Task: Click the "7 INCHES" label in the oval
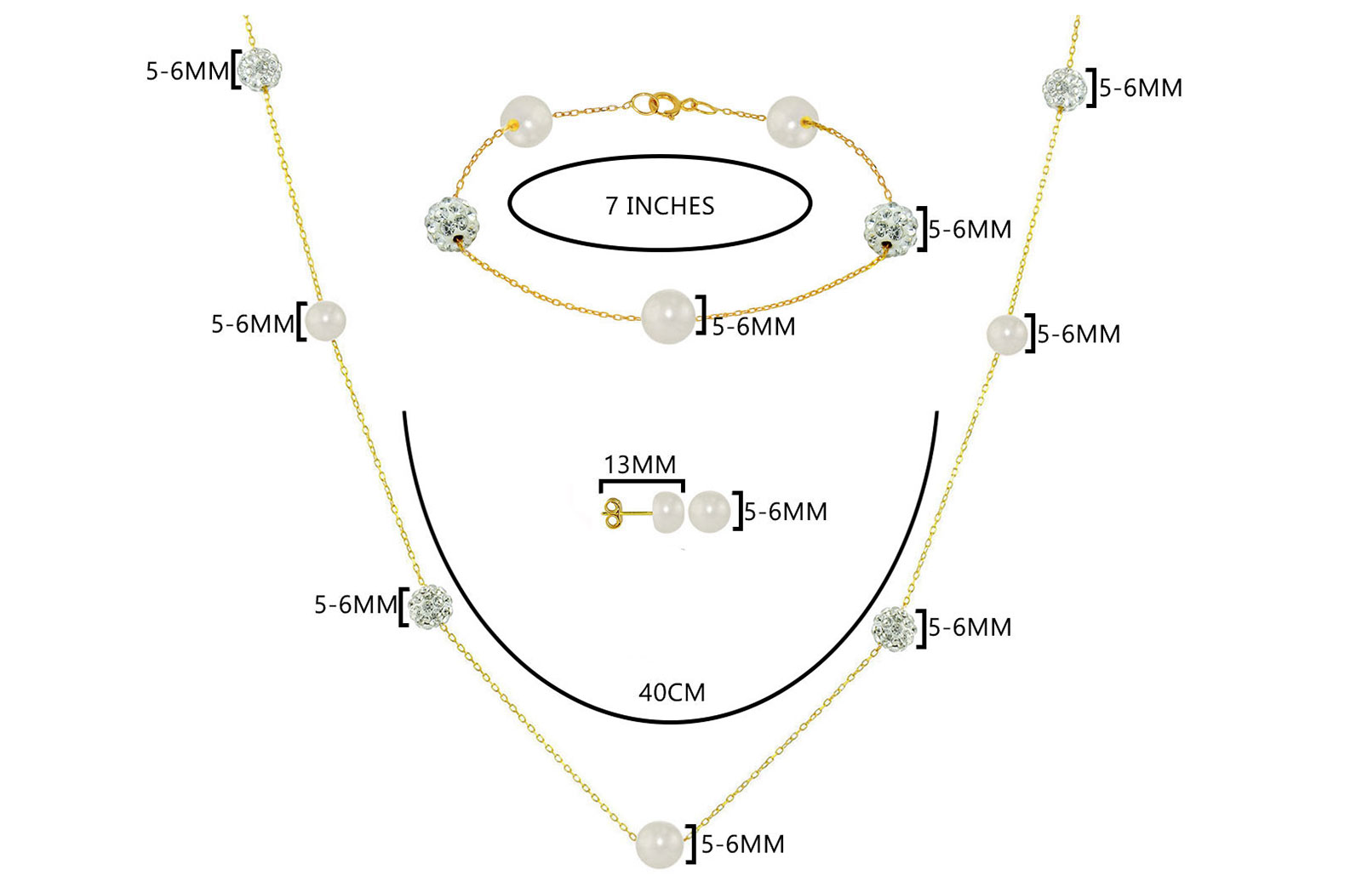(x=660, y=206)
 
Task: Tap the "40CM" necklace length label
(x=672, y=692)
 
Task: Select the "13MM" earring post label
(x=639, y=465)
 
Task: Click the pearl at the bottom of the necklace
(x=660, y=844)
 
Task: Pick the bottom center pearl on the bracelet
(x=668, y=316)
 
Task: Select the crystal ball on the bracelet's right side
(x=890, y=228)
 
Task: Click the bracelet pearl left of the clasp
(x=526, y=121)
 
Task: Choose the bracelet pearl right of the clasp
(x=793, y=122)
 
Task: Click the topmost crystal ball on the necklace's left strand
(x=259, y=69)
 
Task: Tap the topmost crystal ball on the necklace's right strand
(x=1064, y=89)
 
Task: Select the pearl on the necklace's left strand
(x=324, y=320)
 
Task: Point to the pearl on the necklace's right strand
(x=1007, y=335)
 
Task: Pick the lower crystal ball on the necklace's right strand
(x=894, y=628)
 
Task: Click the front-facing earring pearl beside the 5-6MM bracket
(x=709, y=512)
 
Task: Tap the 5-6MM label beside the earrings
(x=786, y=512)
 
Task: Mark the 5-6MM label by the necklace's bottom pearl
(x=742, y=844)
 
